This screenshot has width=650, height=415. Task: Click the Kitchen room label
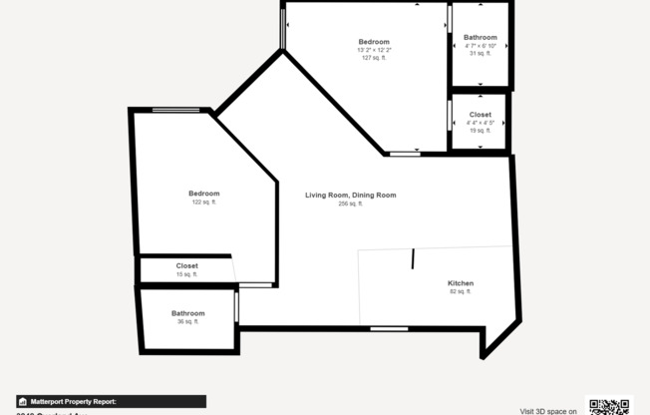(x=461, y=283)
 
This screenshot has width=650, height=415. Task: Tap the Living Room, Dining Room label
(x=350, y=195)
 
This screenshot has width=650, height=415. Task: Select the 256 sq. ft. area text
(x=350, y=204)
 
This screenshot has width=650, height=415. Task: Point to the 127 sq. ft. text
(x=374, y=58)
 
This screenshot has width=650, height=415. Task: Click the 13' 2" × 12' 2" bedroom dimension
(x=374, y=50)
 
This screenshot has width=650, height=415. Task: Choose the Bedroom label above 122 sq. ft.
(x=203, y=194)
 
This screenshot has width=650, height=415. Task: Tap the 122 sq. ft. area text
(x=203, y=203)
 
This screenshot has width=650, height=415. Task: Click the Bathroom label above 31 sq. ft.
(x=480, y=38)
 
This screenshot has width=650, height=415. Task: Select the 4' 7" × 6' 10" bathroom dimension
(x=480, y=46)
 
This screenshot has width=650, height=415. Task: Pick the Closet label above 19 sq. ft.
(x=480, y=115)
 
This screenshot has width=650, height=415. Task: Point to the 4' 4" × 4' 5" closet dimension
(x=480, y=123)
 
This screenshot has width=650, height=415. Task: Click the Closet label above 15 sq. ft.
(x=186, y=265)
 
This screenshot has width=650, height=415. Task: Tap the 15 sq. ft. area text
(x=186, y=274)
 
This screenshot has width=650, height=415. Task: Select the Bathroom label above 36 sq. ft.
(x=187, y=313)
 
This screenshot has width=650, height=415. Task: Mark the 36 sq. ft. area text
(x=187, y=321)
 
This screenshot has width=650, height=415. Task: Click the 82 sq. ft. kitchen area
(x=461, y=291)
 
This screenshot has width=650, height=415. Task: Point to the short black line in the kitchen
(x=412, y=258)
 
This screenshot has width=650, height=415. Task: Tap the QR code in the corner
(x=608, y=406)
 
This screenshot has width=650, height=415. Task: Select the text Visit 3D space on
(x=548, y=410)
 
